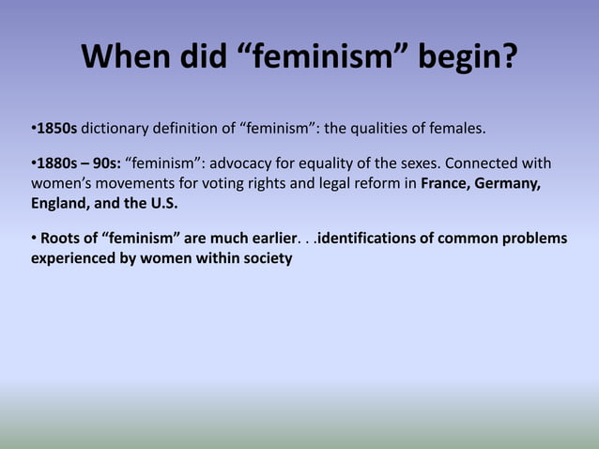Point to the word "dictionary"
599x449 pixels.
pyautogui.click(x=116, y=127)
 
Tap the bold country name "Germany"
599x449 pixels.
pyautogui.click(x=507, y=183)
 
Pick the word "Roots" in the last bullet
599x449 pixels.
pyautogui.click(x=59, y=239)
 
